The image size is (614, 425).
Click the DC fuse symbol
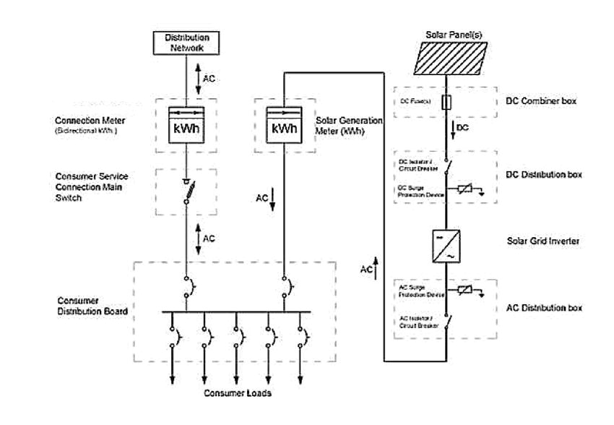click(446, 103)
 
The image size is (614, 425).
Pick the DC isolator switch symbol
click(448, 168)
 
